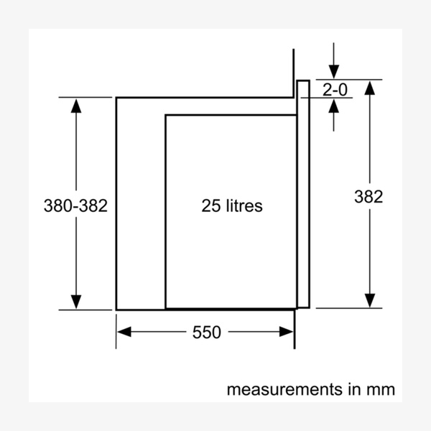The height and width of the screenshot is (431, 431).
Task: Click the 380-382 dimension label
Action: [x=75, y=205]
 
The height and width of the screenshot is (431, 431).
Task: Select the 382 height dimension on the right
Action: [x=369, y=196]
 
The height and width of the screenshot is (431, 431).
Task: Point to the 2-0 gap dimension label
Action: [x=335, y=90]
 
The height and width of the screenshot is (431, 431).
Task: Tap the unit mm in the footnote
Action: [x=380, y=390]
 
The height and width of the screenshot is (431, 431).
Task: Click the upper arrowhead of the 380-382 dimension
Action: [x=75, y=105]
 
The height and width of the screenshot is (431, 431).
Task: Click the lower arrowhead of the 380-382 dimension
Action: [x=75, y=302]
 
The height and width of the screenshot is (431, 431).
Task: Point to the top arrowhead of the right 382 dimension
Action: [x=369, y=88]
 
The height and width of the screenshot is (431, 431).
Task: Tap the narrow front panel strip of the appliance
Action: [x=303, y=194]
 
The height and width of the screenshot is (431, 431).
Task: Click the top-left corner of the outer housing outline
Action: [x=116, y=97]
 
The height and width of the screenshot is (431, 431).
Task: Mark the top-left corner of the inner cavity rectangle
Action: [x=166, y=115]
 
